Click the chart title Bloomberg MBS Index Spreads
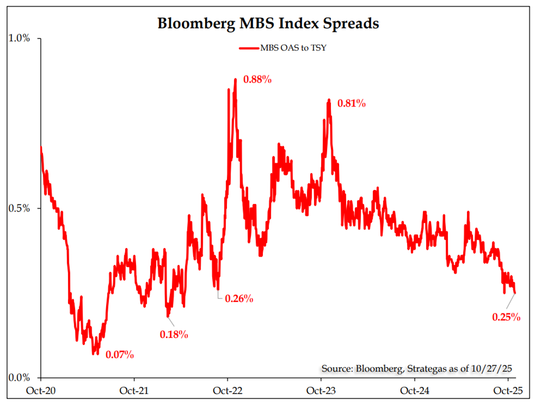268,23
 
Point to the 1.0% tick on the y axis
19,38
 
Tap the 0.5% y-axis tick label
19,208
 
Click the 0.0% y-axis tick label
19,378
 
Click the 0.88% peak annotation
257,80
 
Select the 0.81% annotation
352,104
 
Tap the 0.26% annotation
239,299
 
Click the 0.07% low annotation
120,354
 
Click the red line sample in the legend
249,48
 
